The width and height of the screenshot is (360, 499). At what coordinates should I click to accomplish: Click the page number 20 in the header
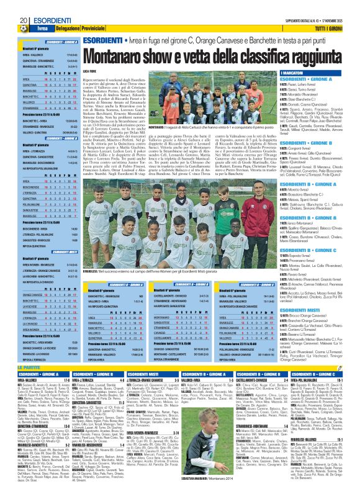6,6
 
